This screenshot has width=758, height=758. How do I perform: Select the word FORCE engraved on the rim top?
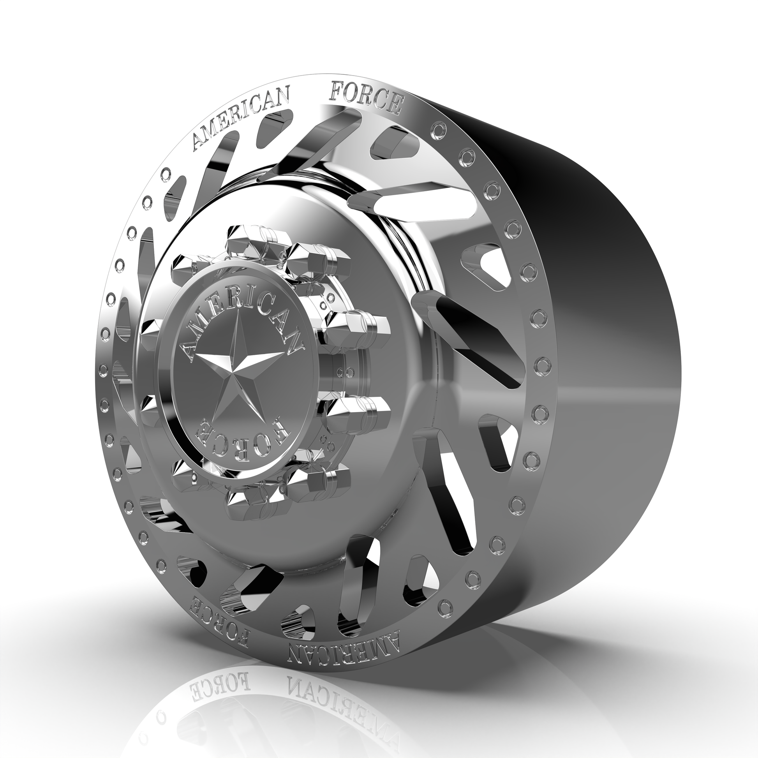tap(367, 97)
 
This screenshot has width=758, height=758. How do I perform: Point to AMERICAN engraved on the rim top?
tap(241, 119)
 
